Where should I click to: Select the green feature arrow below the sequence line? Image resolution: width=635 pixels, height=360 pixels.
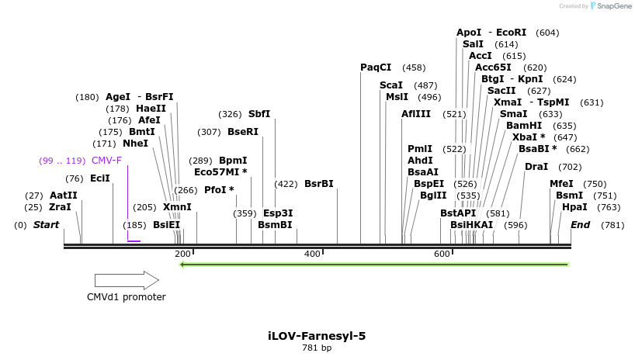point(373,265)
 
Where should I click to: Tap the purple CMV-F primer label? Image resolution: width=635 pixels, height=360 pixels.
point(106,161)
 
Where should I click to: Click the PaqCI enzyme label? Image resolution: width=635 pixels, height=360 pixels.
point(376,67)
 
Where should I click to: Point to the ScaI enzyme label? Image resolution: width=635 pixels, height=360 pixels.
point(391,85)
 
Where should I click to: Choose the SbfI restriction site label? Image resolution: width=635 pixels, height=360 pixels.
point(259,114)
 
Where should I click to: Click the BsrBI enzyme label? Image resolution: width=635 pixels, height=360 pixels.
point(319,184)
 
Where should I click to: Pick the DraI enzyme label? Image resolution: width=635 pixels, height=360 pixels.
point(536,167)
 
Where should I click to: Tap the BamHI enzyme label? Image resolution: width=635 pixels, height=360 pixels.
point(519,126)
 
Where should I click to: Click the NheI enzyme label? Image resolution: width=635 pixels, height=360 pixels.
point(135,144)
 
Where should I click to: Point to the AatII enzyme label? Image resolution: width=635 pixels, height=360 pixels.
point(64,196)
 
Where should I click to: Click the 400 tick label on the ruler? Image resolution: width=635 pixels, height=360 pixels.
point(313,254)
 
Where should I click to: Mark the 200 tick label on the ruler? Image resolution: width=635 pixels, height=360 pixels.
point(182,254)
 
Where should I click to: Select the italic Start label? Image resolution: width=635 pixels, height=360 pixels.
point(46,225)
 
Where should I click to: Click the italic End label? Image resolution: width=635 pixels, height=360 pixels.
point(580,225)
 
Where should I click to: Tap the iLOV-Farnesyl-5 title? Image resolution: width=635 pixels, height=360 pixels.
point(317,336)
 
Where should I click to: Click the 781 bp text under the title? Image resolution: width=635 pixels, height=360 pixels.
point(317,348)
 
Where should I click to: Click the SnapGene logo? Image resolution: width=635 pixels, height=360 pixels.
point(611,6)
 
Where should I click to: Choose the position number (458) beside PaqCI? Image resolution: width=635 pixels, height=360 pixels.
point(414,68)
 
